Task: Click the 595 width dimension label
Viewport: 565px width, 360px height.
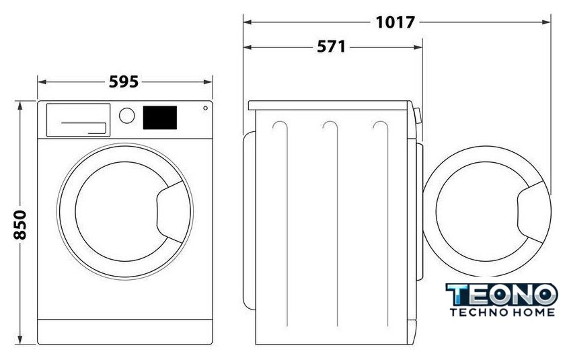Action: [124, 82]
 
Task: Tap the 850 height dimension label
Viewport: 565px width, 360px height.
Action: [20, 225]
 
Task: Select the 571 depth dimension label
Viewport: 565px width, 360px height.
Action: [331, 47]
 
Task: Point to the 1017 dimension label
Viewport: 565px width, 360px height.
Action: [396, 22]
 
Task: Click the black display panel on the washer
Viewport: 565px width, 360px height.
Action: [160, 118]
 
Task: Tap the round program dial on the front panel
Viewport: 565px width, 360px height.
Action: [127, 116]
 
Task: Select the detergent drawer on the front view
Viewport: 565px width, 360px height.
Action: [78, 120]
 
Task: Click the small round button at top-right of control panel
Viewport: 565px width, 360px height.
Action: [205, 108]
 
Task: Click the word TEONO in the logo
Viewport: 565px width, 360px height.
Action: [502, 295]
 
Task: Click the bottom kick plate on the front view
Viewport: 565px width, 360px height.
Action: [125, 332]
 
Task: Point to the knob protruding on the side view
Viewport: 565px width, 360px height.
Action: [418, 116]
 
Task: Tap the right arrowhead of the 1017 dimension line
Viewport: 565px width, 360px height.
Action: [546, 22]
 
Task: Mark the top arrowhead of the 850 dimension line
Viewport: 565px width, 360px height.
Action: [20, 106]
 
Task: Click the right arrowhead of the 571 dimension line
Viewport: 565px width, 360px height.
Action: [418, 47]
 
